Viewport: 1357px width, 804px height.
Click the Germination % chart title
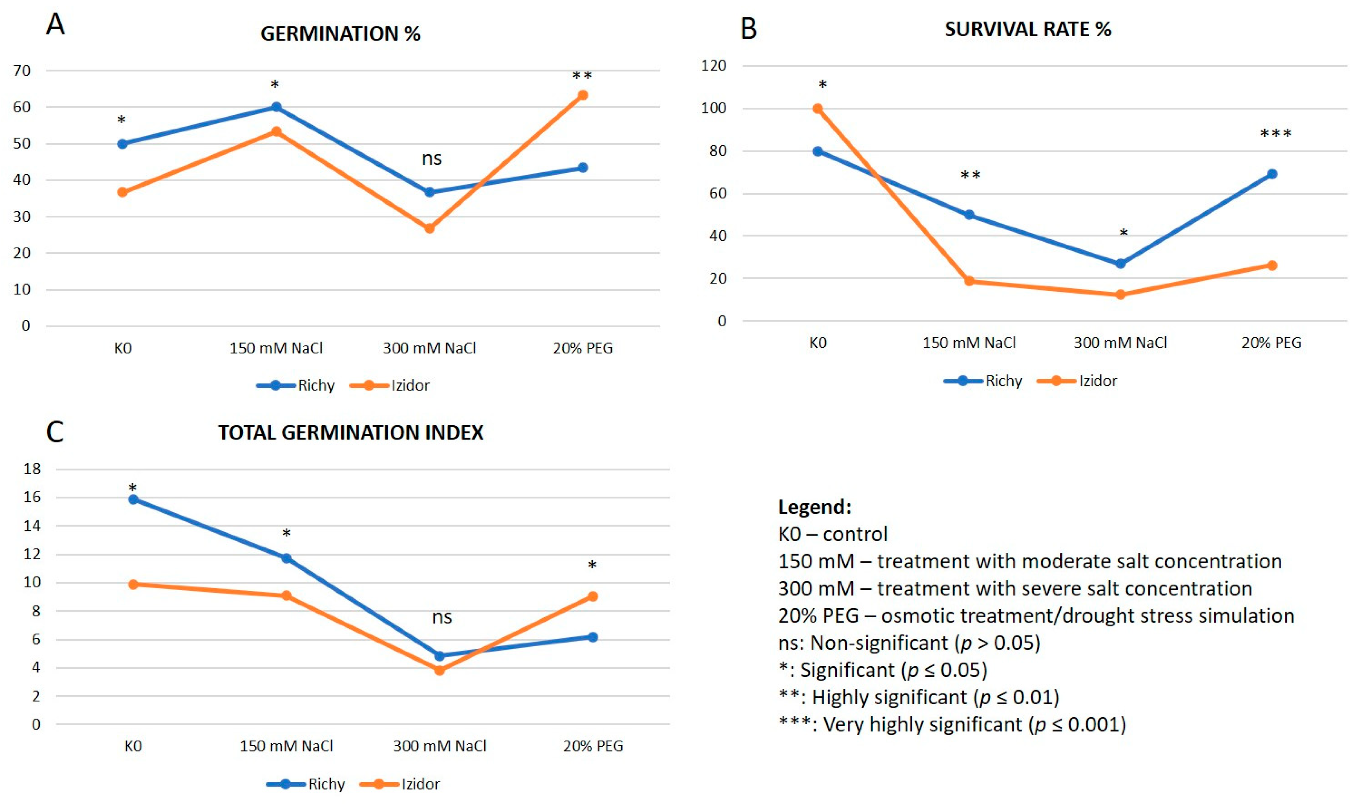coord(340,34)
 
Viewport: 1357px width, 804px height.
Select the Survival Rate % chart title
coord(1028,29)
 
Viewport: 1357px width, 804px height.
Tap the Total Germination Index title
coord(350,432)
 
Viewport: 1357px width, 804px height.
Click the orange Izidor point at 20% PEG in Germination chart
coord(583,95)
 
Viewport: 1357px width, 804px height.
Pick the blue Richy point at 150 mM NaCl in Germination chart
coord(276,107)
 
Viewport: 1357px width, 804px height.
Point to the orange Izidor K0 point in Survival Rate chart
coord(818,108)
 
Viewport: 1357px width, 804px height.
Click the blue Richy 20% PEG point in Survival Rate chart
coord(1272,174)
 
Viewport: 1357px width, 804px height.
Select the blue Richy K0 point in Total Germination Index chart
coord(133,499)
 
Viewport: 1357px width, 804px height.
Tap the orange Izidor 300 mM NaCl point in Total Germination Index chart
coord(440,670)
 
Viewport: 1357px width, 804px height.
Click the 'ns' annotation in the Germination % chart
coord(432,158)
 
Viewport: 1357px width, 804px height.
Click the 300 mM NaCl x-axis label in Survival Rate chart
coord(1120,343)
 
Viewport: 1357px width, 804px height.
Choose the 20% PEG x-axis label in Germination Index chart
coord(593,746)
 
